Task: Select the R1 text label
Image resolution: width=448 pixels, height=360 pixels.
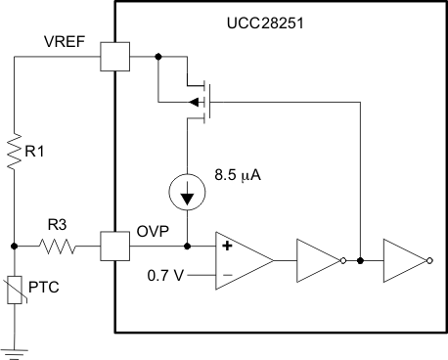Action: click(37, 153)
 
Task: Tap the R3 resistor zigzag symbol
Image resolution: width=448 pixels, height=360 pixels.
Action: click(62, 246)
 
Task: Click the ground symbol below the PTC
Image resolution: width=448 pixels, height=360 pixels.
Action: click(14, 348)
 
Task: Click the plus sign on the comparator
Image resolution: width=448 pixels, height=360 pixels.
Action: click(227, 246)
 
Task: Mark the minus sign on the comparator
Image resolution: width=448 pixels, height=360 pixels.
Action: click(227, 276)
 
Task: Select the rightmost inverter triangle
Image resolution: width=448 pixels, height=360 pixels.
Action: click(404, 260)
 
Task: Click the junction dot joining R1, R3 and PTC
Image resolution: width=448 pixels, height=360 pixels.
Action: click(14, 246)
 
